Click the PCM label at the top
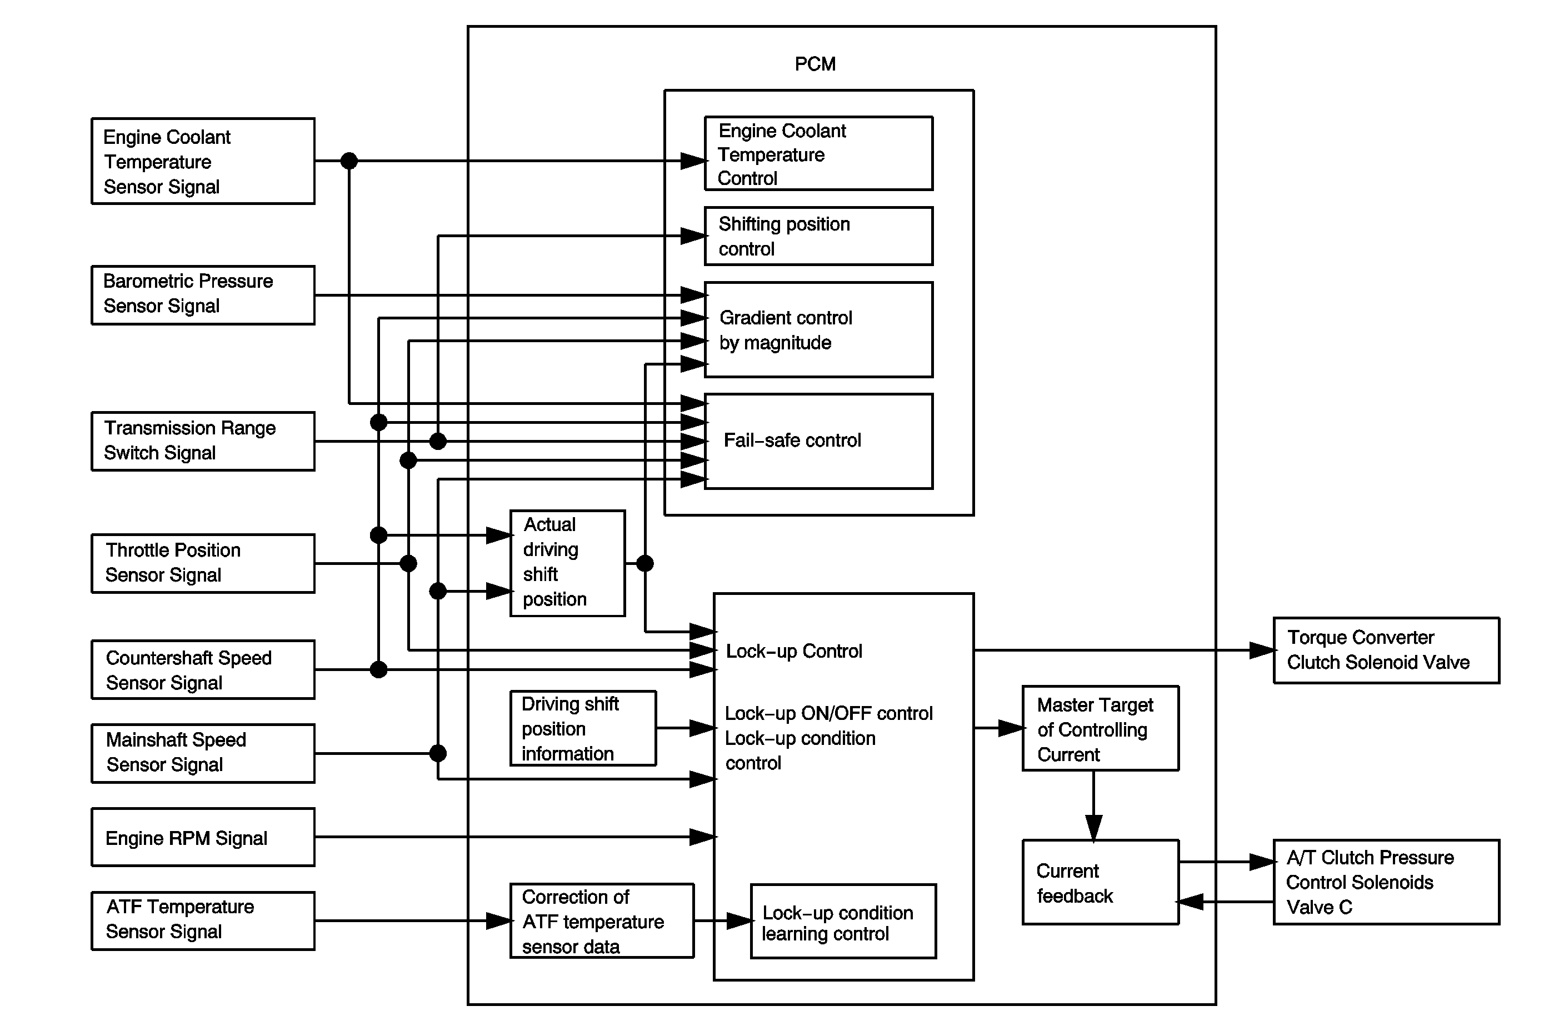pyautogui.click(x=815, y=64)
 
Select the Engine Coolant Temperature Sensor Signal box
pyautogui.click(x=202, y=161)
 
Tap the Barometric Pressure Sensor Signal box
pyautogui.click(x=202, y=294)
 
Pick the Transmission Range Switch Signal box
pyautogui.click(x=202, y=441)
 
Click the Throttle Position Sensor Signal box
pyautogui.click(x=202, y=563)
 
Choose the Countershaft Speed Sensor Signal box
pyautogui.click(x=202, y=670)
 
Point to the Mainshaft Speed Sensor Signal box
pyautogui.click(x=202, y=753)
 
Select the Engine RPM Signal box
pyautogui.click(x=202, y=837)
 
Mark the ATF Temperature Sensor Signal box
pyautogui.click(x=202, y=920)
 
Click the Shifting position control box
pyautogui.click(x=818, y=236)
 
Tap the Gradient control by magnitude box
pyautogui.click(x=818, y=329)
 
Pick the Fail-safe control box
pyautogui.click(x=818, y=441)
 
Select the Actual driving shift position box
pyautogui.click(x=567, y=563)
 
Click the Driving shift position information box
pyautogui.click(x=582, y=728)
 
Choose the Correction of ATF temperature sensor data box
pyautogui.click(x=601, y=920)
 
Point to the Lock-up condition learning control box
pyautogui.click(x=843, y=921)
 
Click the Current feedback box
pyautogui.click(x=1100, y=882)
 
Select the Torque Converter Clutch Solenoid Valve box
pyautogui.click(x=1386, y=650)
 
